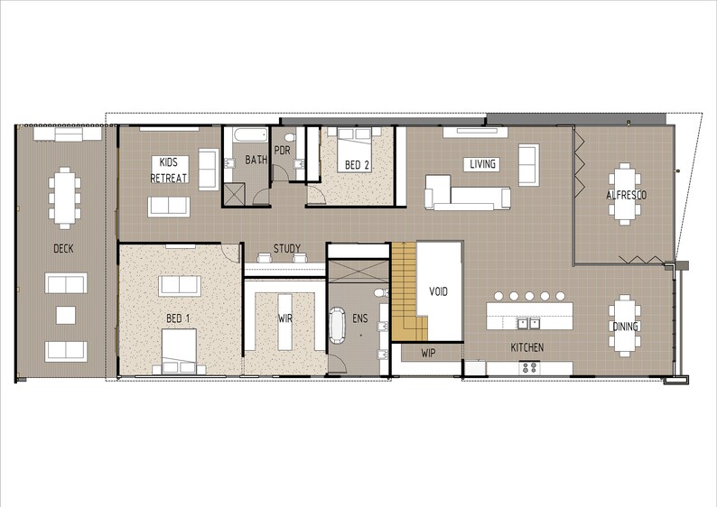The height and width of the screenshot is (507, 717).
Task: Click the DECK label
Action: [63, 248]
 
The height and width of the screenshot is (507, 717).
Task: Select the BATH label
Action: [256, 161]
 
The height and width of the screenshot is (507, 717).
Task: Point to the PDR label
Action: [282, 151]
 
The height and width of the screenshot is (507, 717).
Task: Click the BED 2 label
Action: [356, 165]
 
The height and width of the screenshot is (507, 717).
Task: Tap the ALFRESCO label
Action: [626, 195]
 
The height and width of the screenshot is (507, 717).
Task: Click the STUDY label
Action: [287, 248]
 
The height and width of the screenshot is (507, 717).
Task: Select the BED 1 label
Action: [178, 318]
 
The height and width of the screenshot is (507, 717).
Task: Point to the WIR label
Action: [284, 318]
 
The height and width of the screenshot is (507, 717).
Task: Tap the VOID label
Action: [438, 291]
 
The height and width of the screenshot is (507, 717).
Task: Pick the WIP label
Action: [428, 353]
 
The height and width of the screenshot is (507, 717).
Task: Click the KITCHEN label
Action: [527, 347]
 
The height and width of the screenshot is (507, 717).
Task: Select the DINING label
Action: [625, 327]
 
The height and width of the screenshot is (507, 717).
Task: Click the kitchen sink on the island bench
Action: [527, 322]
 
